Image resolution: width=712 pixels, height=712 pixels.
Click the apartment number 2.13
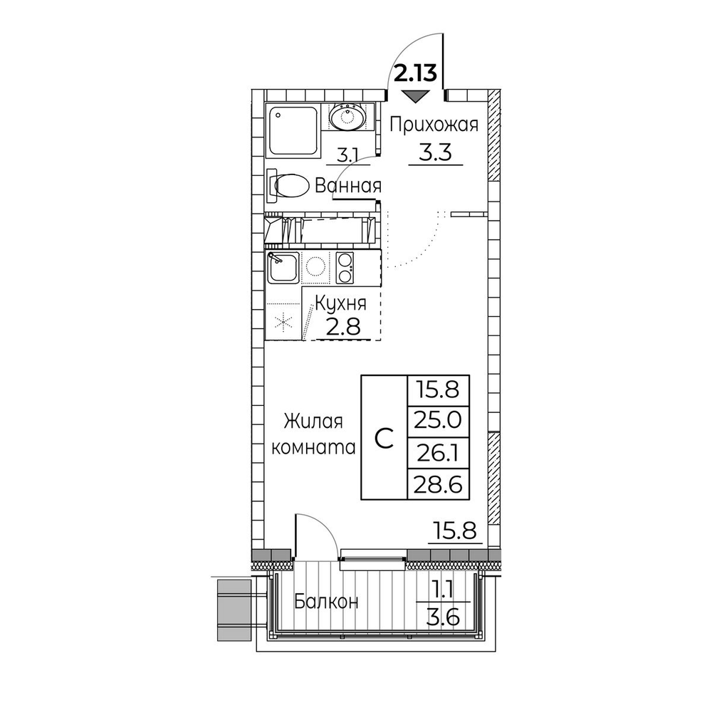coord(415,73)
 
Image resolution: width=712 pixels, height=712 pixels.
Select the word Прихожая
coord(434,125)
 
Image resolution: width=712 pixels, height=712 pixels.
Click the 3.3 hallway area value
coord(435,152)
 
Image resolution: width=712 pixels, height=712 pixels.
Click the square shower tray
coord(293,131)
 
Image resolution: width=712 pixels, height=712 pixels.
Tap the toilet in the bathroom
coord(289,186)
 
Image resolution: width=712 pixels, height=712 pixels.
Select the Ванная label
coord(348,186)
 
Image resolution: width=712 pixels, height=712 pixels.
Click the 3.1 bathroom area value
coord(347,155)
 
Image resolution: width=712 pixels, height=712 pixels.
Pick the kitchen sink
coord(283,268)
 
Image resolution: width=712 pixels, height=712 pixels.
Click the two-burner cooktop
coord(344,268)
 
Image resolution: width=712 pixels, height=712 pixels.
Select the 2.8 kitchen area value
coord(344,327)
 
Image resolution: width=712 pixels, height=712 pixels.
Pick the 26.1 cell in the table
coord(438,452)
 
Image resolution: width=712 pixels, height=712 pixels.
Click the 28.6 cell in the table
coord(438,484)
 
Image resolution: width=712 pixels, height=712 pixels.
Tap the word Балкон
coord(326,602)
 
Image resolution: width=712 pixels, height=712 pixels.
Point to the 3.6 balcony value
coord(443,617)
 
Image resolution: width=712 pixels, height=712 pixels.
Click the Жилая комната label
coord(313,434)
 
